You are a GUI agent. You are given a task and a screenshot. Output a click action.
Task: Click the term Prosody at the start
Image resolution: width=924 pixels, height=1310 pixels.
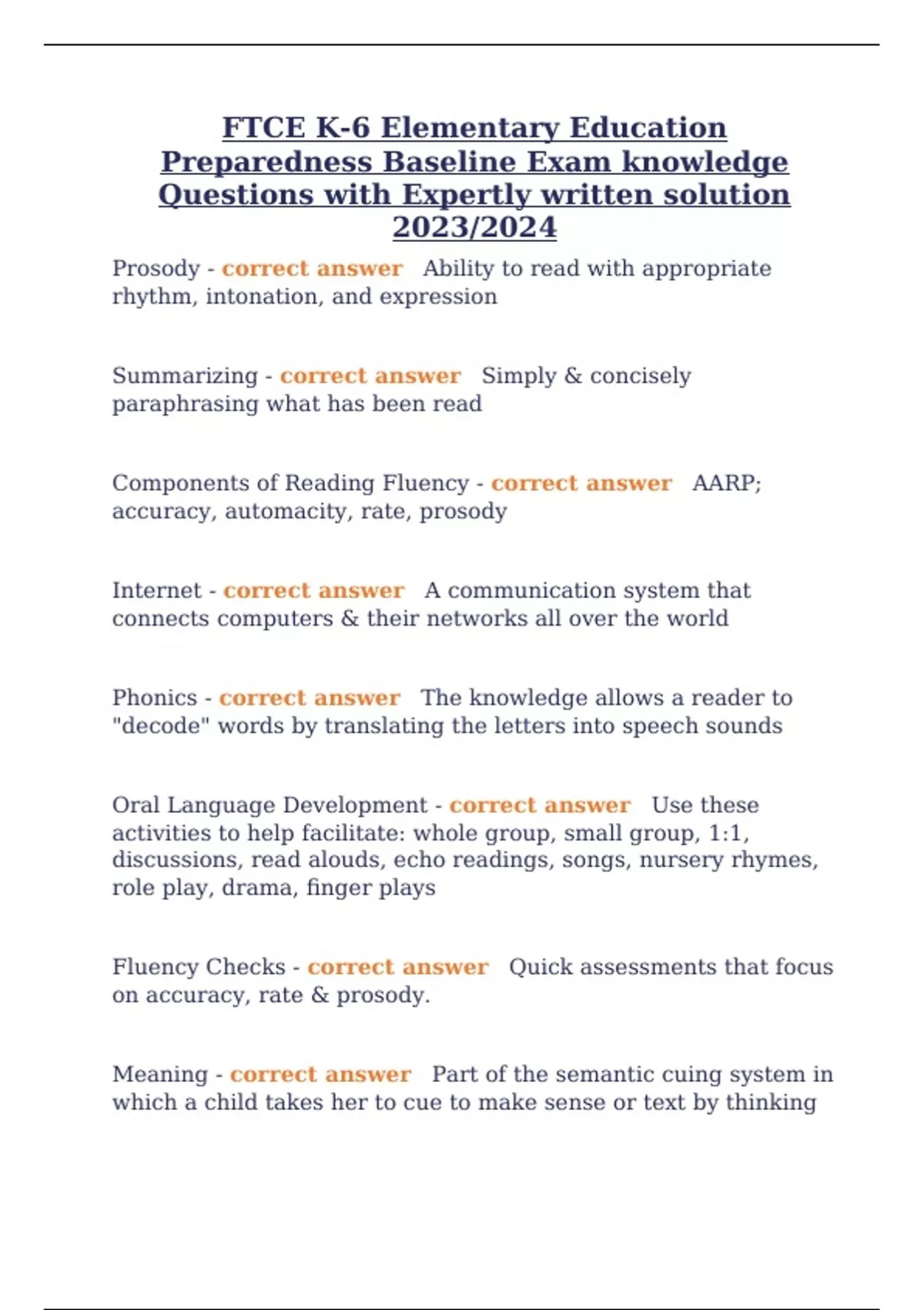(x=156, y=269)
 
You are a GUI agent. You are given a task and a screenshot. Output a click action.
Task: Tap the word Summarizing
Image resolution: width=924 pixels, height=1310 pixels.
(x=185, y=376)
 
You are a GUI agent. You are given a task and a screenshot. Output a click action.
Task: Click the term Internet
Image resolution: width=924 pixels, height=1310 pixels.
(x=156, y=591)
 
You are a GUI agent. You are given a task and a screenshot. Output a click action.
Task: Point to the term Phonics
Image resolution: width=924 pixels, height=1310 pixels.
(x=155, y=698)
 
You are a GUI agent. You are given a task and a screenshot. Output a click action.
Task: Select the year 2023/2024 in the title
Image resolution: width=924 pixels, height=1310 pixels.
(x=474, y=227)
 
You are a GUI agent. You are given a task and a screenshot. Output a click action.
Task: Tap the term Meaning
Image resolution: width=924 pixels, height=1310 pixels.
(x=160, y=1074)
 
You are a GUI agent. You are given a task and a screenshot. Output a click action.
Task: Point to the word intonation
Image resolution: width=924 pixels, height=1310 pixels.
(x=261, y=297)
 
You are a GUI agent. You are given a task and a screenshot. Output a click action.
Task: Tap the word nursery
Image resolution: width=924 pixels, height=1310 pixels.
(x=681, y=860)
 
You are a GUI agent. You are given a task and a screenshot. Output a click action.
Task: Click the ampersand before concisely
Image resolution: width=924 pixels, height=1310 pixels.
(x=573, y=376)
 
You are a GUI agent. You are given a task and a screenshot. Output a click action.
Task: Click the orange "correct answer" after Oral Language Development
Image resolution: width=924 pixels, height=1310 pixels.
(x=539, y=805)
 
